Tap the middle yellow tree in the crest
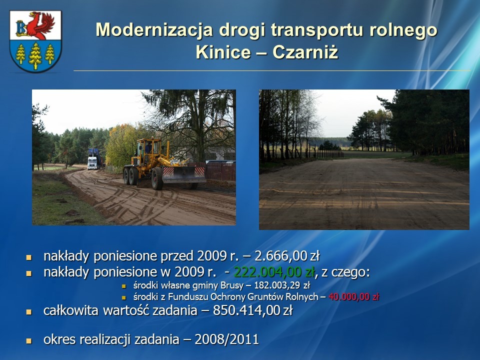[x=35, y=56]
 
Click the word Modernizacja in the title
[x=154, y=30]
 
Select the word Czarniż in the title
[x=305, y=51]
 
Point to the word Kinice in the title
[x=223, y=51]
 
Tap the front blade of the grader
[x=184, y=174]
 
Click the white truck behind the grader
[x=92, y=162]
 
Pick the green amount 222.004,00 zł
[x=274, y=272]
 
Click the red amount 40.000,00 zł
[x=354, y=296]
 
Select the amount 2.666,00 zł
[x=287, y=256]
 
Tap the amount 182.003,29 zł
[x=282, y=285]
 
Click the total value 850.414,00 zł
[x=252, y=310]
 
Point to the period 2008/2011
[x=227, y=339]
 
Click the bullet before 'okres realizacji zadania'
[x=29, y=340]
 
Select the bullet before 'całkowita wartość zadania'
[x=29, y=312]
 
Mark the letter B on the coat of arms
[x=21, y=28]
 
